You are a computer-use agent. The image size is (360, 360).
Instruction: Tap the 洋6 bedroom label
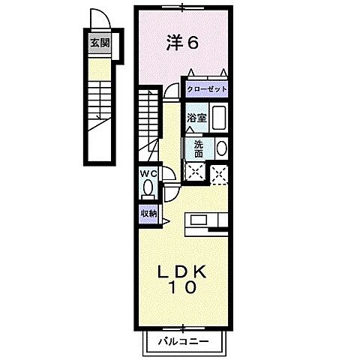tap(181, 43)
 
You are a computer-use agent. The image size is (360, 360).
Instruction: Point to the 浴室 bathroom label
tap(196, 118)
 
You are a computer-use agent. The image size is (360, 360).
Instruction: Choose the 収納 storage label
tap(148, 213)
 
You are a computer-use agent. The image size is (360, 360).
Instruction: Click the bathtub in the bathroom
tap(220, 118)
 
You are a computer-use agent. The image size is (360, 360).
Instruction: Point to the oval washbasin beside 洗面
tap(221, 148)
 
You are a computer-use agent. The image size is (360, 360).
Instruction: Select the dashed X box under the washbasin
tap(220, 172)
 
